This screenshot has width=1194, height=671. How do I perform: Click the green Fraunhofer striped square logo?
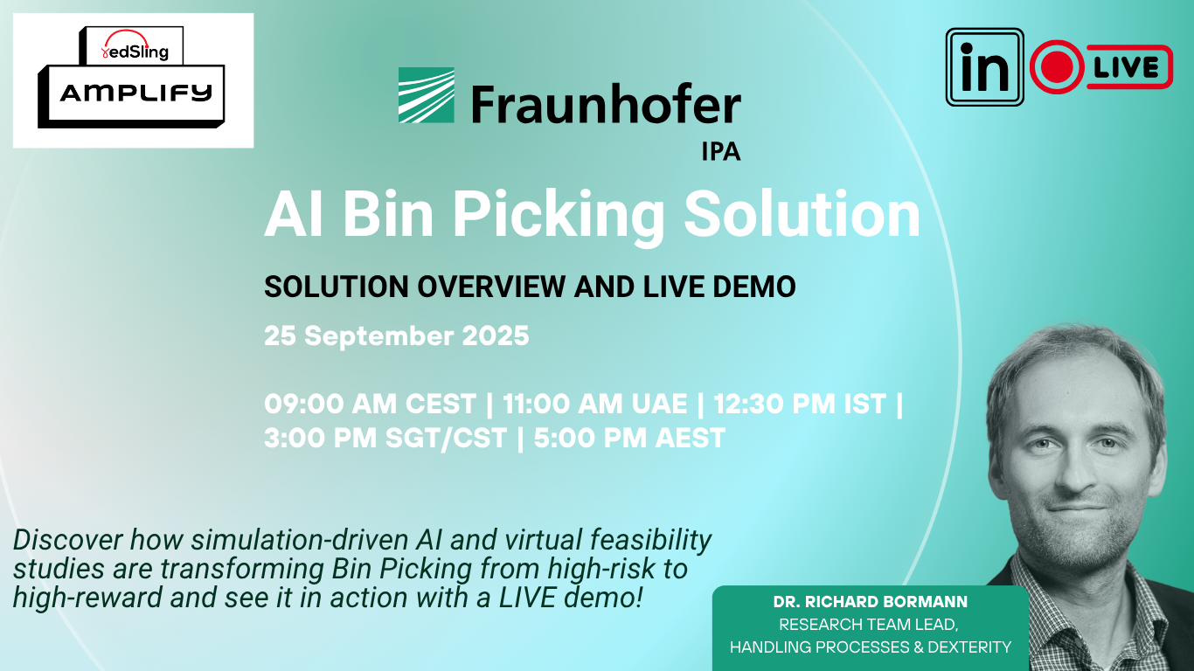point(427,95)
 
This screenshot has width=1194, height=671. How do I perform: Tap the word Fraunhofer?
point(606,103)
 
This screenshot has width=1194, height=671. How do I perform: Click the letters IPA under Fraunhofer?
point(720,152)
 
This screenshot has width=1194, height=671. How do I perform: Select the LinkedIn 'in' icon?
point(984,67)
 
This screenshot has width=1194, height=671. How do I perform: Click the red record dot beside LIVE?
point(1057,67)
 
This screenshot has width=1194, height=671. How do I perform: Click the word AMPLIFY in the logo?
point(136,93)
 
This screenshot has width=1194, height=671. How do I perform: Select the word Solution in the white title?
point(802,214)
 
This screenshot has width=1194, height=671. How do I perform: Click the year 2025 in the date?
point(496,335)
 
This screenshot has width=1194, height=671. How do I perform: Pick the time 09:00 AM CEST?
point(370,404)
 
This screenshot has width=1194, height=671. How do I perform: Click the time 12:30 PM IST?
point(800,404)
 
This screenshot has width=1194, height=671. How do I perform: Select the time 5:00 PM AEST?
point(629,438)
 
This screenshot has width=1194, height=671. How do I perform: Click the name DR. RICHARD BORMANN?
point(871,602)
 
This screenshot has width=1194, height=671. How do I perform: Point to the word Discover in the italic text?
point(67,540)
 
